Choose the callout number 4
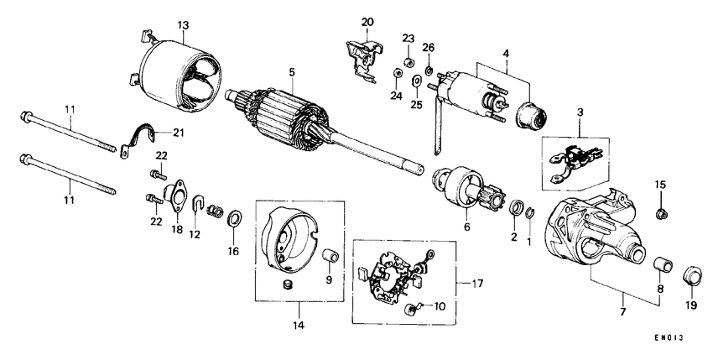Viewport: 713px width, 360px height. (506, 55)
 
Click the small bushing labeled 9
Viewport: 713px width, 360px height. (331, 255)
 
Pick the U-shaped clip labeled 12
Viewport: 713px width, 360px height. (198, 204)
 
